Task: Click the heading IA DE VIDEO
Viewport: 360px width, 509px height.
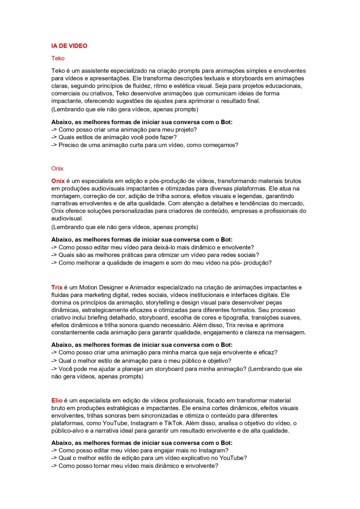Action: (69, 46)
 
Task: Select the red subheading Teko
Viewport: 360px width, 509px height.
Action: (58, 58)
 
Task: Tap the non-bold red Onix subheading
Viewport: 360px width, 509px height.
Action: (57, 168)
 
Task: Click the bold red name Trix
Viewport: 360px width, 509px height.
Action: (57, 287)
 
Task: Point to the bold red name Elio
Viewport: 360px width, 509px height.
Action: (57, 400)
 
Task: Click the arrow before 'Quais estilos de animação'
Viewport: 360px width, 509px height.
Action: (54, 137)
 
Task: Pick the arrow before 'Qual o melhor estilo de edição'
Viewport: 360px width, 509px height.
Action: (54, 458)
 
